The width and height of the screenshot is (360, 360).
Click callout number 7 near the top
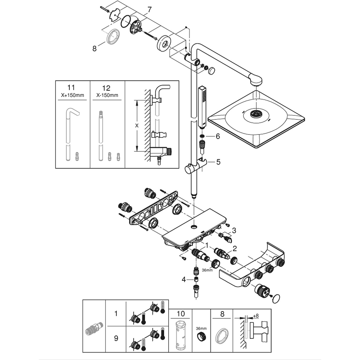pos(149,10)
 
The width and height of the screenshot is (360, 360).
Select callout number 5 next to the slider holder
pos(218,162)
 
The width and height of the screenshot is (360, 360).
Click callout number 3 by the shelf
pos(234,230)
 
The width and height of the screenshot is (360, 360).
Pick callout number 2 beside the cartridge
pos(235,248)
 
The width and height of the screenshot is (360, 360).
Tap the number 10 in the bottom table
pos(181,314)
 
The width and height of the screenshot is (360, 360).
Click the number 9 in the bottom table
pos(116,338)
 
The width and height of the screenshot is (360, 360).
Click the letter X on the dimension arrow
pos(137,126)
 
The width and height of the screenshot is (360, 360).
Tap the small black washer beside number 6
pos(202,136)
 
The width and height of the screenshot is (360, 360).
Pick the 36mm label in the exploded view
pos(207,270)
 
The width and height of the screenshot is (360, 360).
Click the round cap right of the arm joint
pos(212,70)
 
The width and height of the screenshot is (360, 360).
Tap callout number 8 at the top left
pos(94,48)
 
